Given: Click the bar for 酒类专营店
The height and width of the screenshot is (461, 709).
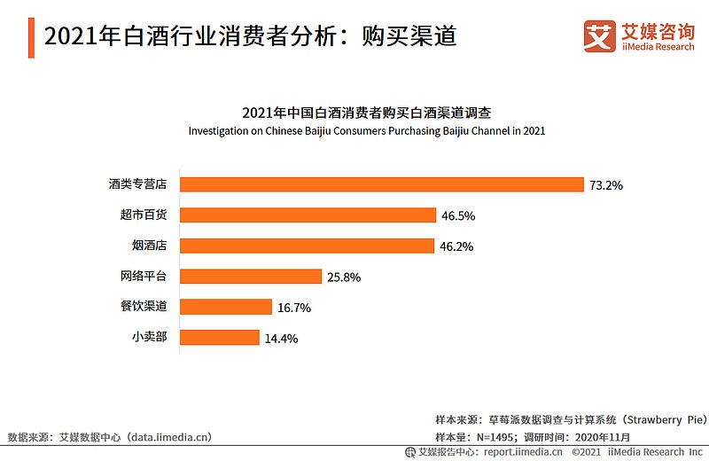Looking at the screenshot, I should point(382,184).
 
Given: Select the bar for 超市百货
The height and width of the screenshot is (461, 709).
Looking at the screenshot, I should point(308,215).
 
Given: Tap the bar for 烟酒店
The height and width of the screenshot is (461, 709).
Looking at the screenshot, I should point(308,246).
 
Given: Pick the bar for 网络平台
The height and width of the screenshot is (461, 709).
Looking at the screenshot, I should point(251,276).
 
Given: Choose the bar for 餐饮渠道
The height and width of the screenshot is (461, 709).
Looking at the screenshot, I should point(226,307).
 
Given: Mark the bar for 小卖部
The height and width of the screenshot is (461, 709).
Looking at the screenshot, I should point(220,337).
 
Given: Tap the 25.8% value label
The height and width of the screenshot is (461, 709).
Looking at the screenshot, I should point(344,277).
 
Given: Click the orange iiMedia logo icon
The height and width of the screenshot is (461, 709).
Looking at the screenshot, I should point(600,35).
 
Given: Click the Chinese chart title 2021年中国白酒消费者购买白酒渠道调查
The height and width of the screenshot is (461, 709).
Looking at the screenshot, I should point(366,113).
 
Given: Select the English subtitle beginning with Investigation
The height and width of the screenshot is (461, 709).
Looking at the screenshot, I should point(366,130).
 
